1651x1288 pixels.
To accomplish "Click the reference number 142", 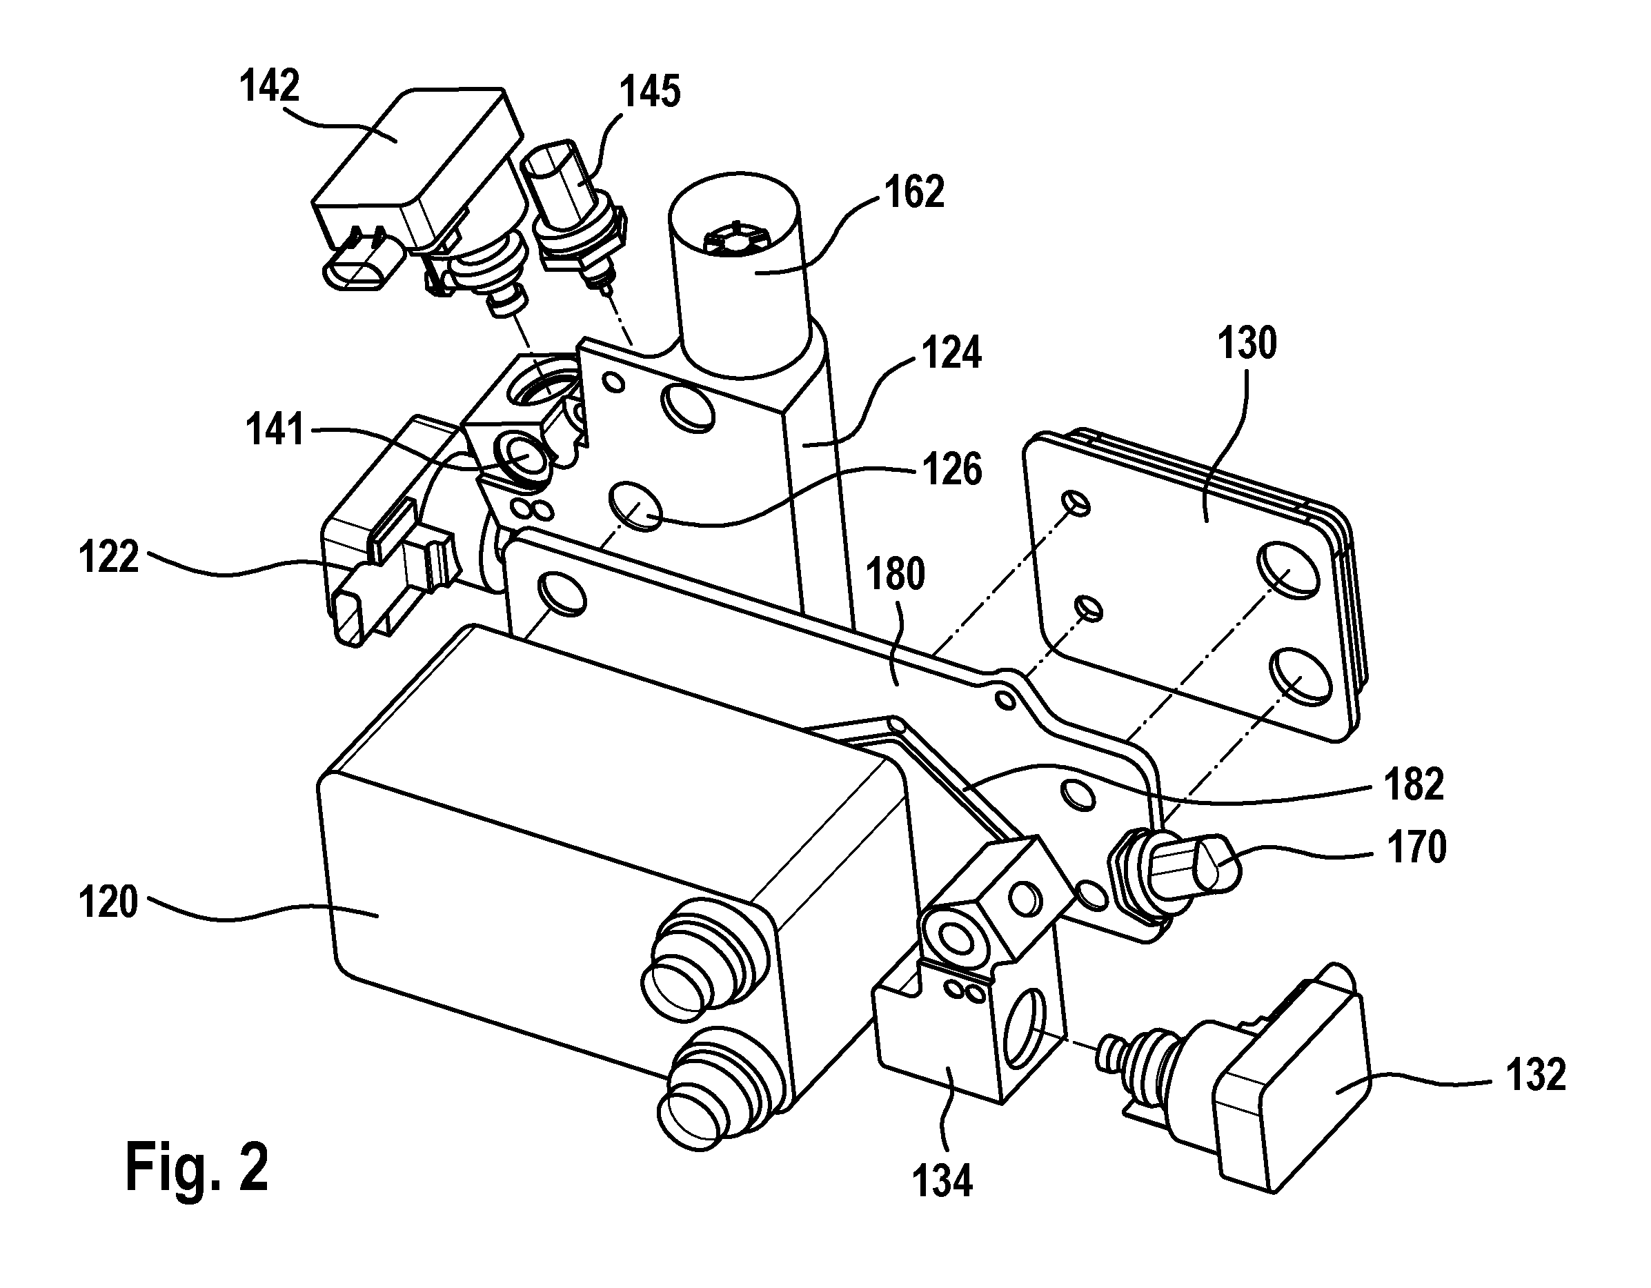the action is pyautogui.click(x=270, y=86).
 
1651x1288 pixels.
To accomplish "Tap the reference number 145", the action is pyautogui.click(x=650, y=92).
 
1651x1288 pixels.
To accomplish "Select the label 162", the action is pyautogui.click(x=914, y=192).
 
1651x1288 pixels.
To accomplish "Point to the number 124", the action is pyautogui.click(x=951, y=353).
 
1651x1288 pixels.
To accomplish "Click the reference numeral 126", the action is pyautogui.click(x=951, y=468).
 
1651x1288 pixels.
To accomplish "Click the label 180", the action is pyautogui.click(x=896, y=574).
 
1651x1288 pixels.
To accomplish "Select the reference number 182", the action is pyautogui.click(x=1414, y=784).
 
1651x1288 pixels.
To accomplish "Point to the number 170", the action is pyautogui.click(x=1416, y=847).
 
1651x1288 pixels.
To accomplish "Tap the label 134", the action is pyautogui.click(x=942, y=1180).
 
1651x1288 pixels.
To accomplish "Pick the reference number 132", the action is pyautogui.click(x=1535, y=1075).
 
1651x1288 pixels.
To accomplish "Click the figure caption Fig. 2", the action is pyautogui.click(x=197, y=1168).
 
